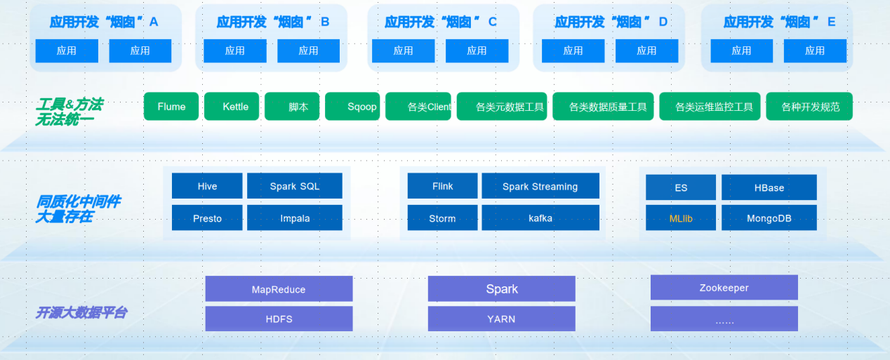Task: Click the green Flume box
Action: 171,107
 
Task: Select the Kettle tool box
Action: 236,107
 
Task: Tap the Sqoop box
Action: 354,107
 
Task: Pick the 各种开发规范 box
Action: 809,107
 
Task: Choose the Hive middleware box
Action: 207,186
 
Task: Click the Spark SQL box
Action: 295,186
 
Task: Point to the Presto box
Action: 207,218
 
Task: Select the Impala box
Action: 295,218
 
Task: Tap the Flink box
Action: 442,186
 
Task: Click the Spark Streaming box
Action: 540,186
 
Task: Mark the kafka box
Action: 540,218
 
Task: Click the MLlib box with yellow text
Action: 681,218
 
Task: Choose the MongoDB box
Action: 769,218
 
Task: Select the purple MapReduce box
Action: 279,289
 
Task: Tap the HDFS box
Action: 279,319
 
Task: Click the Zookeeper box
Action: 724,288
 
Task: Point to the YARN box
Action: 501,319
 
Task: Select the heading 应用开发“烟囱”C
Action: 441,22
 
